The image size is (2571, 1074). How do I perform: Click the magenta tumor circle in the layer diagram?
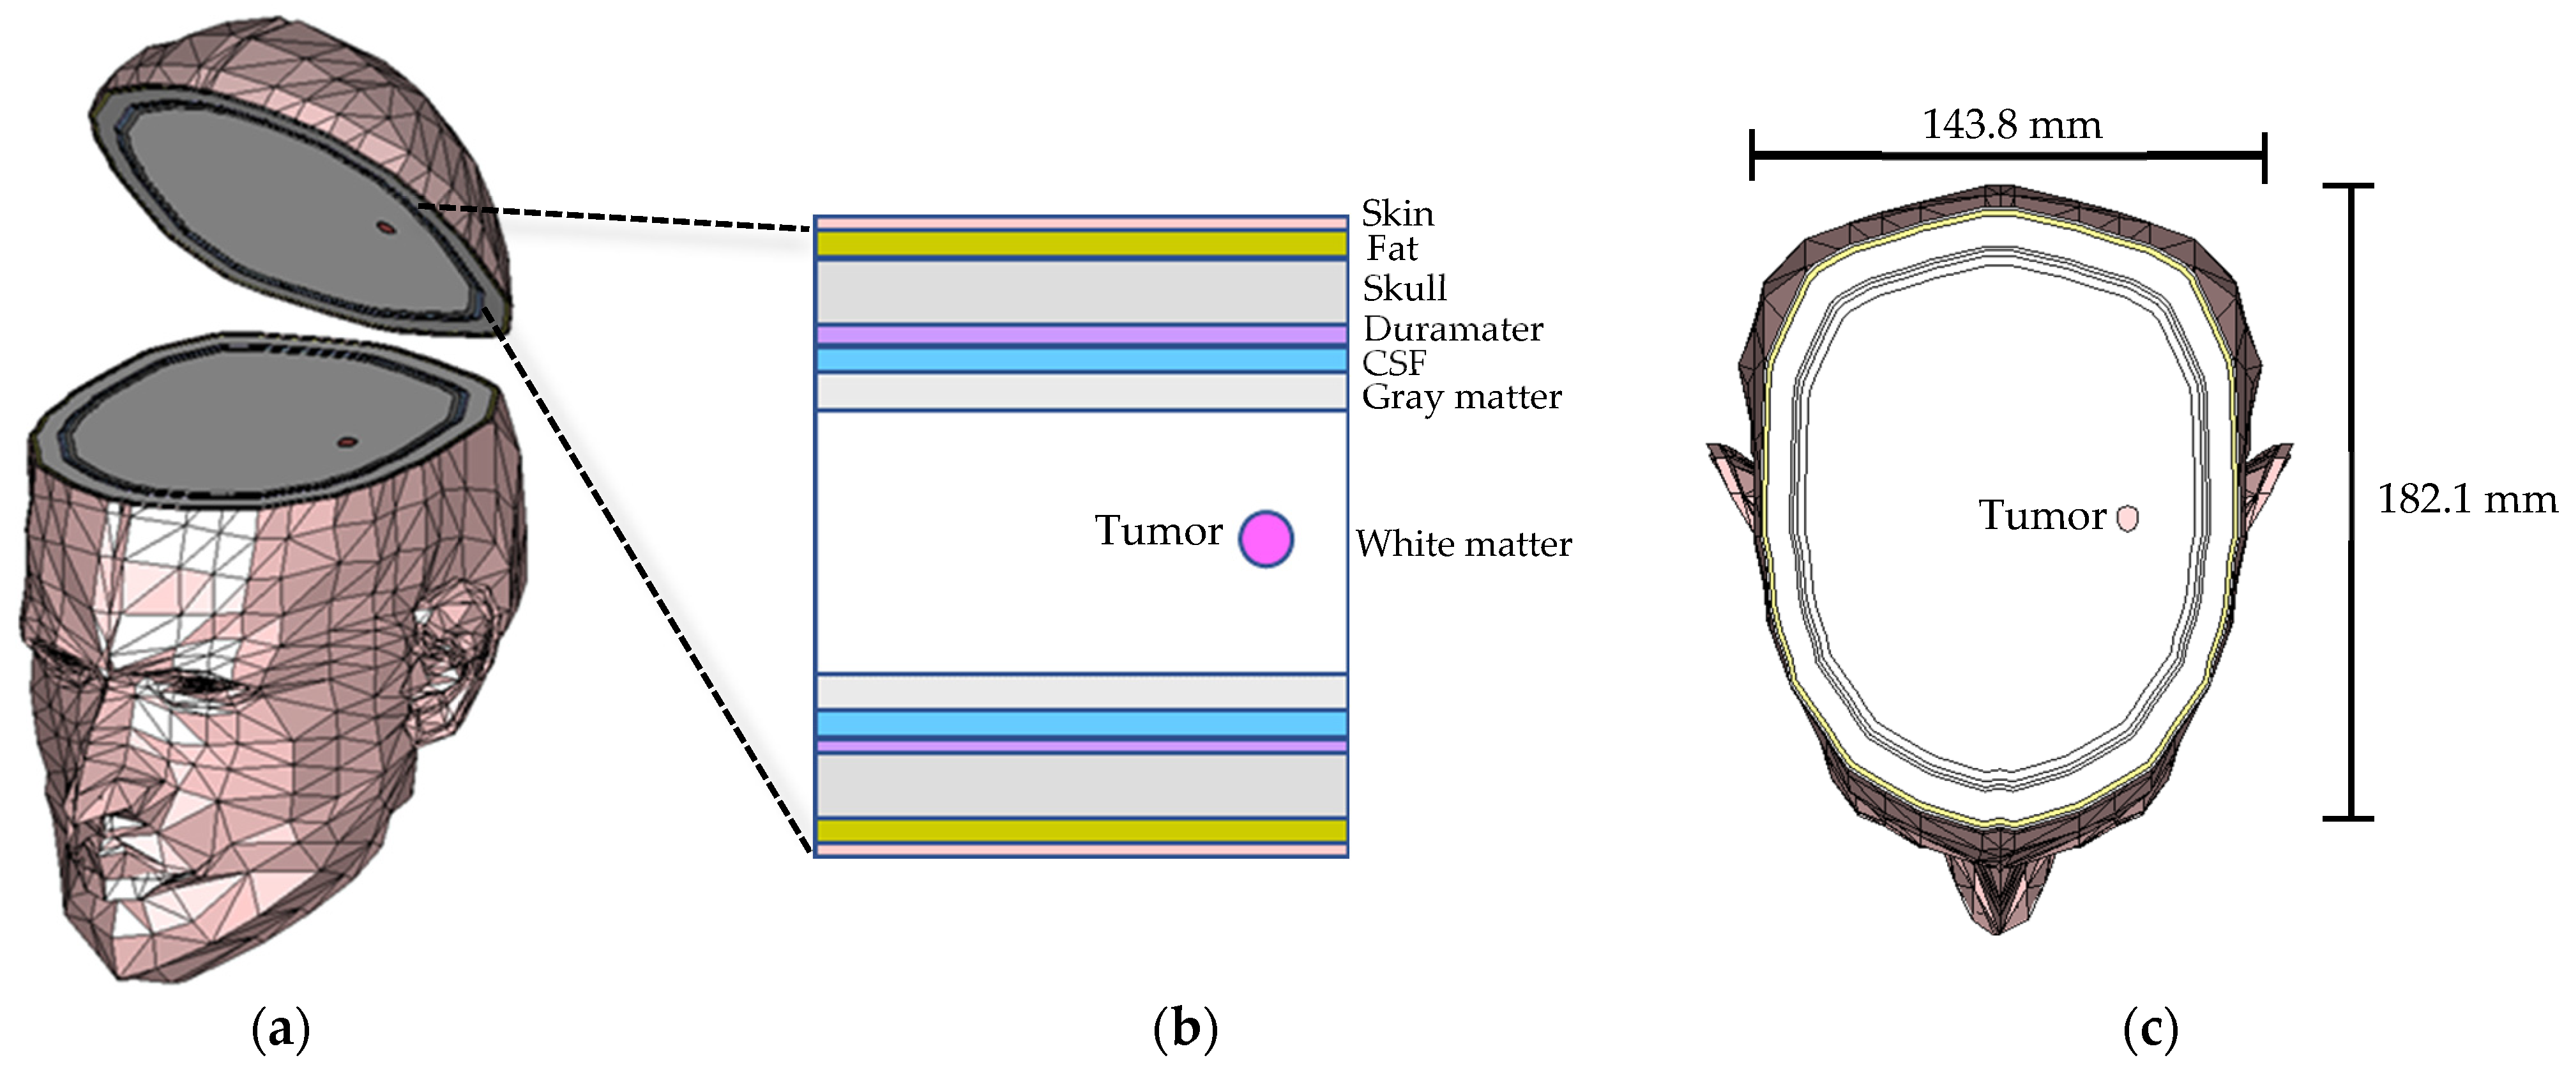click(1266, 539)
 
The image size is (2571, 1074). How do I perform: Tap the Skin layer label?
click(1397, 213)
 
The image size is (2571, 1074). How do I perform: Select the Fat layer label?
click(1392, 249)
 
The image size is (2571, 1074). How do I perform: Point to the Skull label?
click(1404, 288)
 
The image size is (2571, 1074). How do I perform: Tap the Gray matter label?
click(1461, 397)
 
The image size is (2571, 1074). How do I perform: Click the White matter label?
click(1463, 544)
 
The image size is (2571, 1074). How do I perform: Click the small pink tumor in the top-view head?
click(2127, 518)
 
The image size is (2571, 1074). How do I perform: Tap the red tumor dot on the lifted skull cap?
click(385, 227)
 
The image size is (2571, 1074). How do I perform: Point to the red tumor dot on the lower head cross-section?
click(346, 441)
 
